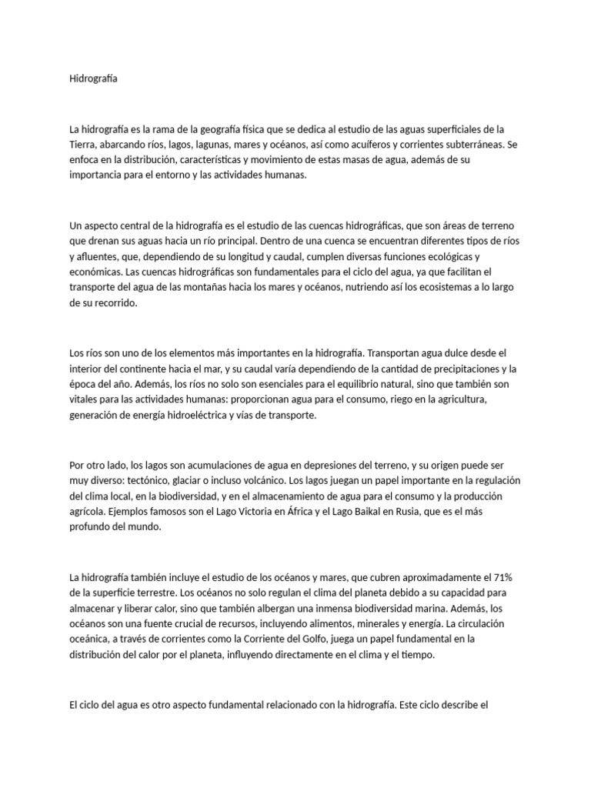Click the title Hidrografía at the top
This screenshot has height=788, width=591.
(94, 78)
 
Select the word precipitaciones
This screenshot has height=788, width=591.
(451, 368)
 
